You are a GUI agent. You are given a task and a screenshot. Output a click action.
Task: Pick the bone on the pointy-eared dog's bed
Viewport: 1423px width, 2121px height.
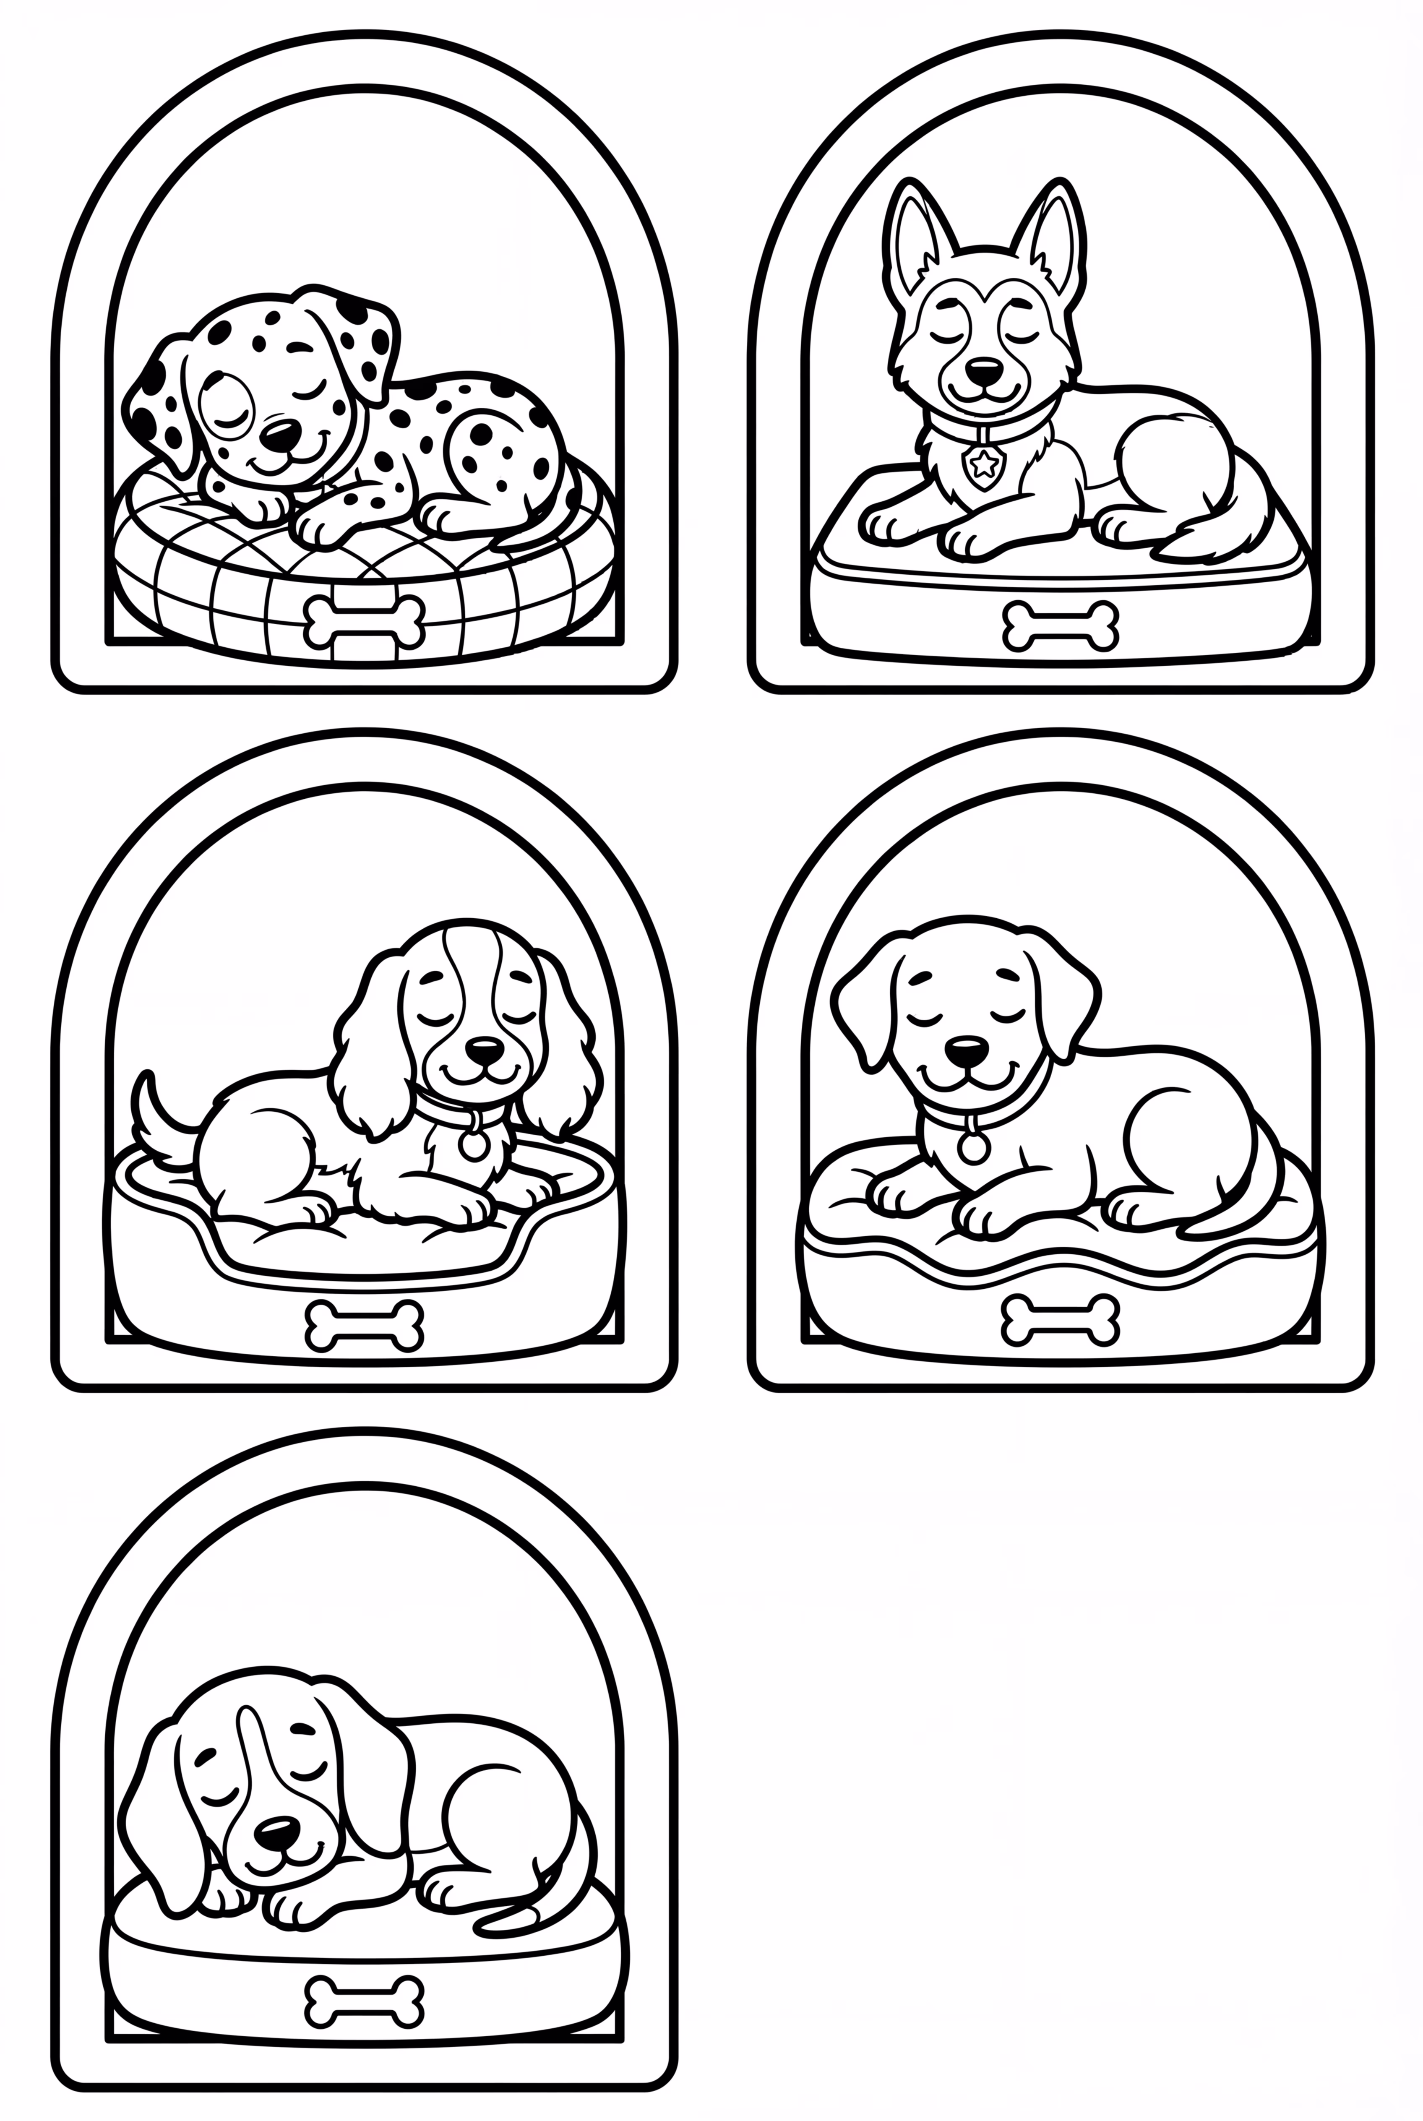[1060, 626]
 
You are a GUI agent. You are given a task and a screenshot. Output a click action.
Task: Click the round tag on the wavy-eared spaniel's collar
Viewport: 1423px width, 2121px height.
[473, 1145]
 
